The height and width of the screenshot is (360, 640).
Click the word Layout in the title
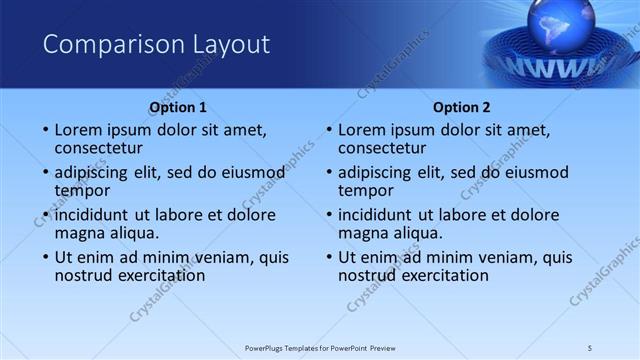click(228, 45)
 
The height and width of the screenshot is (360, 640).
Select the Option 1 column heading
click(178, 107)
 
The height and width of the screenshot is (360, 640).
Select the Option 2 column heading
click(462, 107)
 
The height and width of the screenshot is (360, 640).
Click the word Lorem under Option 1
click(80, 130)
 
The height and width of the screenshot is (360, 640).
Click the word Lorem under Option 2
click(364, 130)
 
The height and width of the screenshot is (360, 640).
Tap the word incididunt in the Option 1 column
click(96, 215)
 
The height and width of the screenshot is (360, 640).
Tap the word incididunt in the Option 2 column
click(380, 215)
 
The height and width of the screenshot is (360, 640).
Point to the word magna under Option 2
click(362, 233)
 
